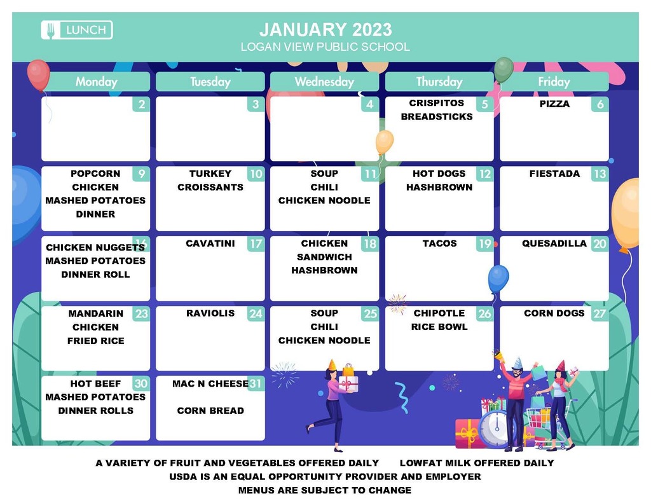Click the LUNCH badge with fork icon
pos(77,30)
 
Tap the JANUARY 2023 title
pos(325,29)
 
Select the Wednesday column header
pos(324,81)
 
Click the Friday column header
pos(554,81)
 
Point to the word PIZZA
pos(554,104)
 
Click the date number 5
pos(484,104)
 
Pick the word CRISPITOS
pos(436,103)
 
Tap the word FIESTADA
pos(554,174)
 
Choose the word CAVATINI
pos(210,244)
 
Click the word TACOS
pos(439,244)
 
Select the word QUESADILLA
pos(554,244)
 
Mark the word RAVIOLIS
pos(210,313)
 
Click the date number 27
pos(600,313)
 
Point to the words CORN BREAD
pos(210,411)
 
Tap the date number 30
pos(140,383)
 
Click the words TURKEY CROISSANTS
pos(210,180)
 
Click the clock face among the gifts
pos(496,429)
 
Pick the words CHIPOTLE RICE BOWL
pos(439,320)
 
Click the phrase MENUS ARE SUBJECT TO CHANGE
pos(325,490)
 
